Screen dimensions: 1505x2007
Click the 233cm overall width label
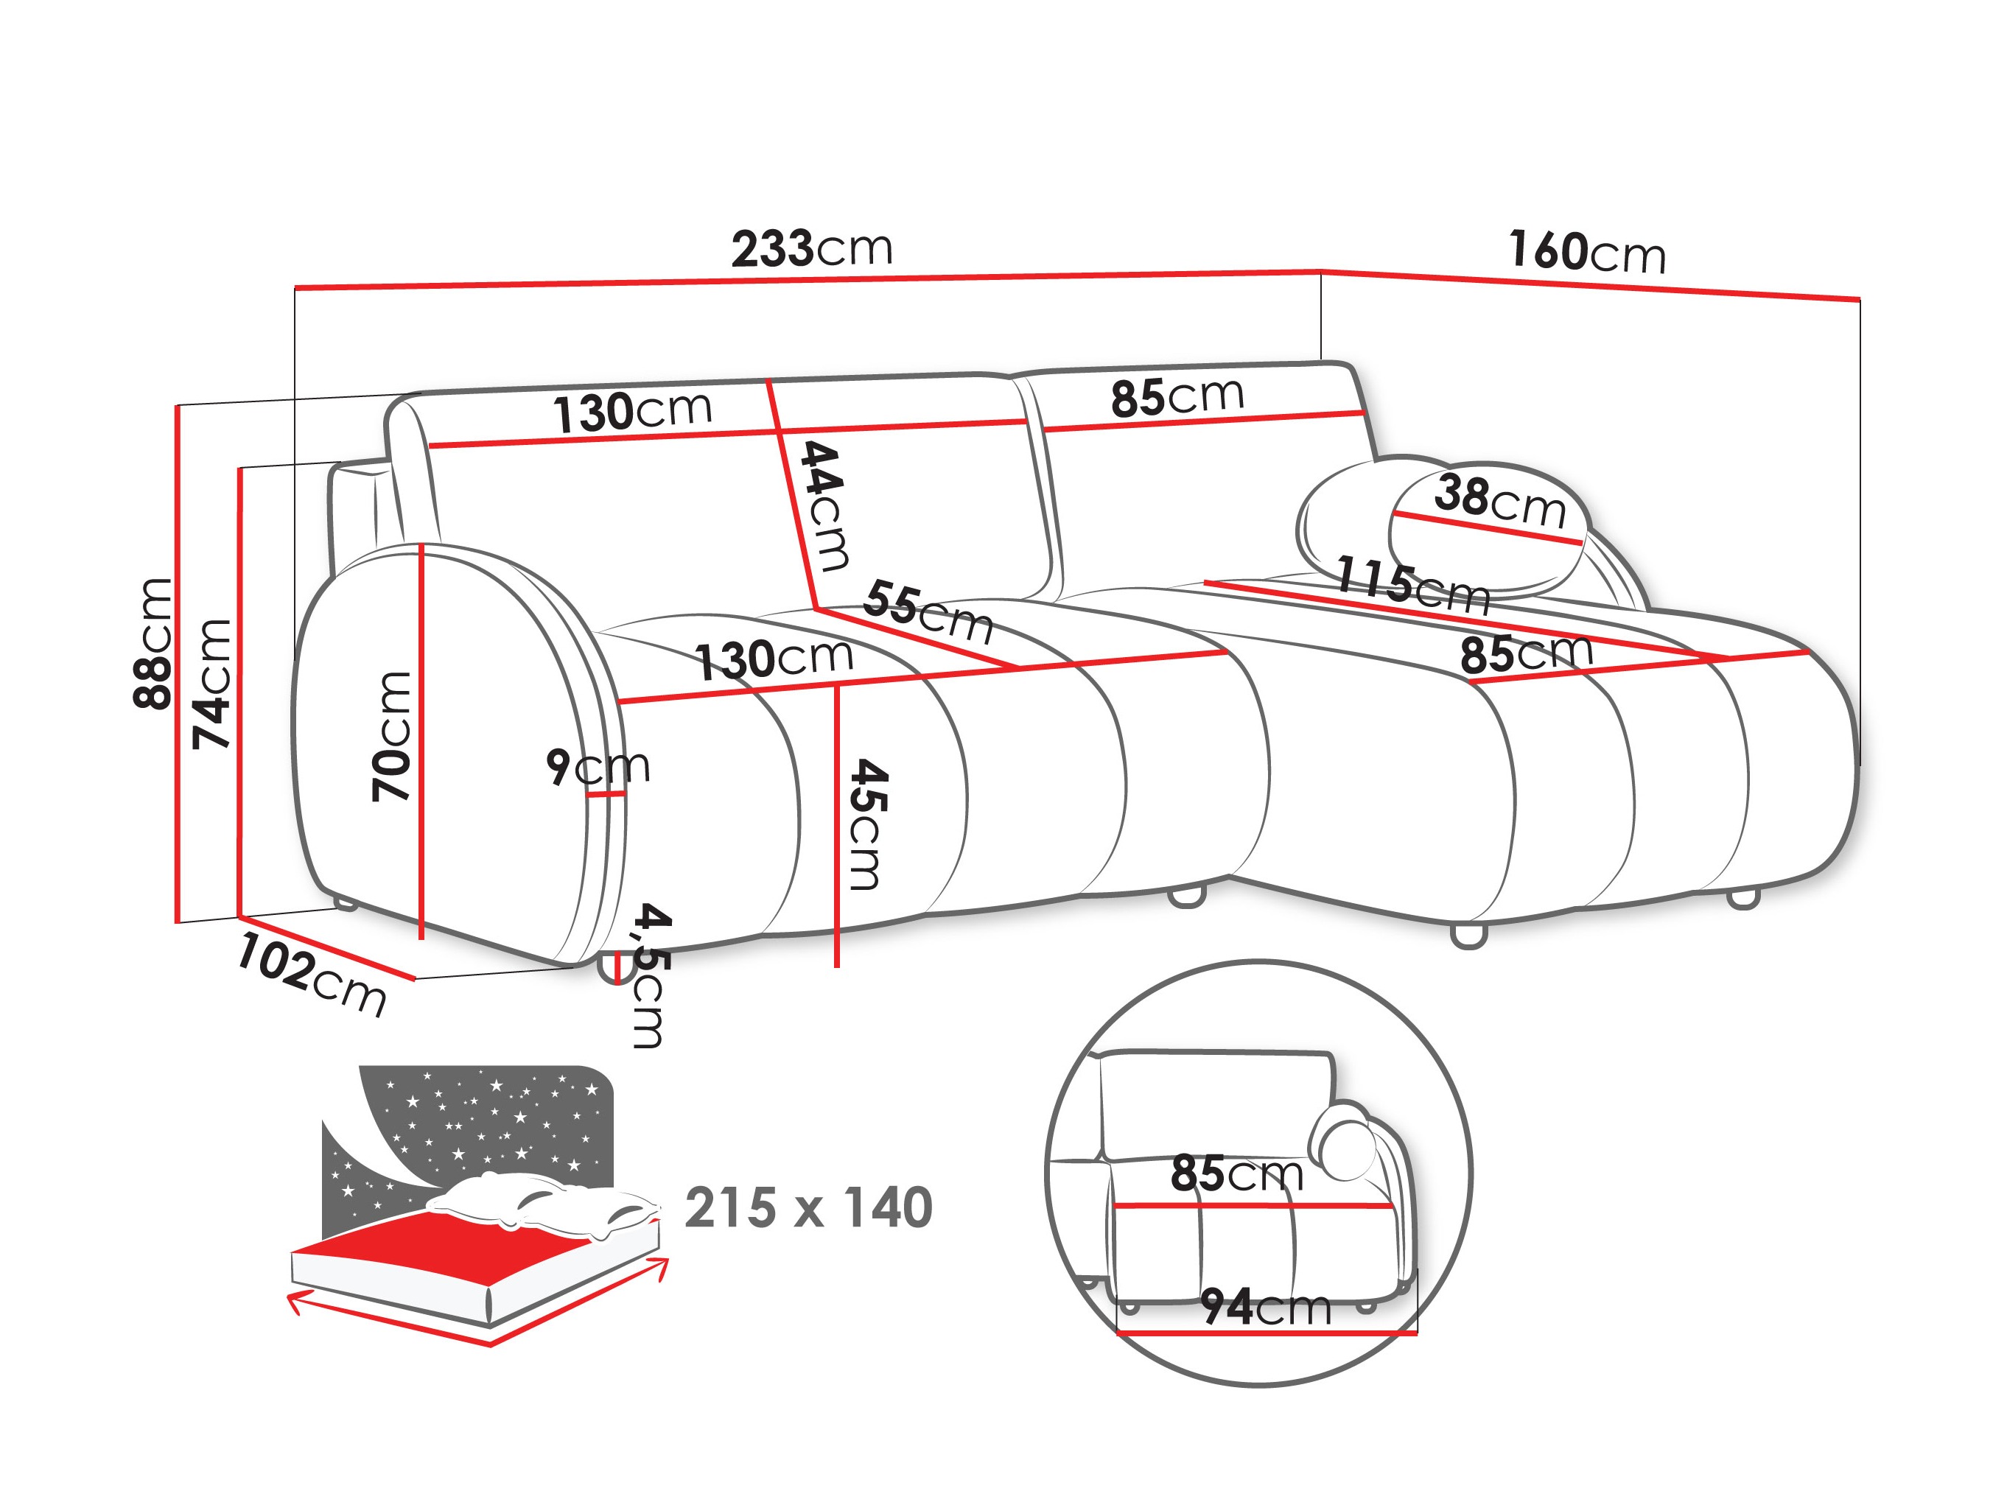[x=811, y=248]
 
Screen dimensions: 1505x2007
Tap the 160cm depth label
[x=1587, y=251]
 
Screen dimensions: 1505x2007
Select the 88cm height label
[x=153, y=642]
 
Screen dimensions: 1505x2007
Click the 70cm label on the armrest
[x=392, y=736]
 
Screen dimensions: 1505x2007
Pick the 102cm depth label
[x=311, y=975]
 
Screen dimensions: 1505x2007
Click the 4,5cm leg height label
[x=650, y=975]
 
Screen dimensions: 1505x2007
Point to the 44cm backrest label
[x=824, y=505]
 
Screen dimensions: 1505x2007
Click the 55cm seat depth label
[x=928, y=613]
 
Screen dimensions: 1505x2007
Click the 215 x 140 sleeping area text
[x=808, y=1207]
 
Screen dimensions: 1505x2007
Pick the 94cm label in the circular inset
[x=1266, y=1308]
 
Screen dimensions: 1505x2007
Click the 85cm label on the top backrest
[x=1177, y=396]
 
